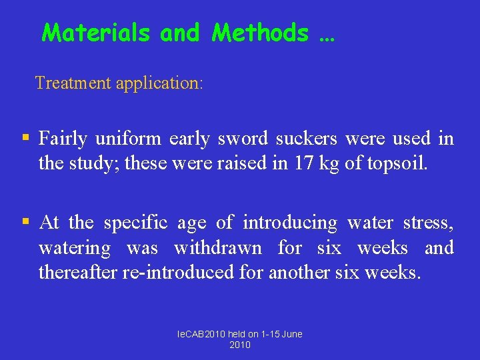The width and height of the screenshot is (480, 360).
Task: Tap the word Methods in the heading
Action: pos(260,33)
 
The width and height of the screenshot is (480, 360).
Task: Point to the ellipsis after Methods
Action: pos(327,37)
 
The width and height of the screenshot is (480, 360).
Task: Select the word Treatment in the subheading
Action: pos(73,83)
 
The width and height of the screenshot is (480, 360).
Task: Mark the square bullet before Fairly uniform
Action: pos(25,138)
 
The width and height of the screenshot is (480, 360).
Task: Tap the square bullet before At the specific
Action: pos(25,221)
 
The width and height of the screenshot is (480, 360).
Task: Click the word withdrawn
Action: pos(217,248)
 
